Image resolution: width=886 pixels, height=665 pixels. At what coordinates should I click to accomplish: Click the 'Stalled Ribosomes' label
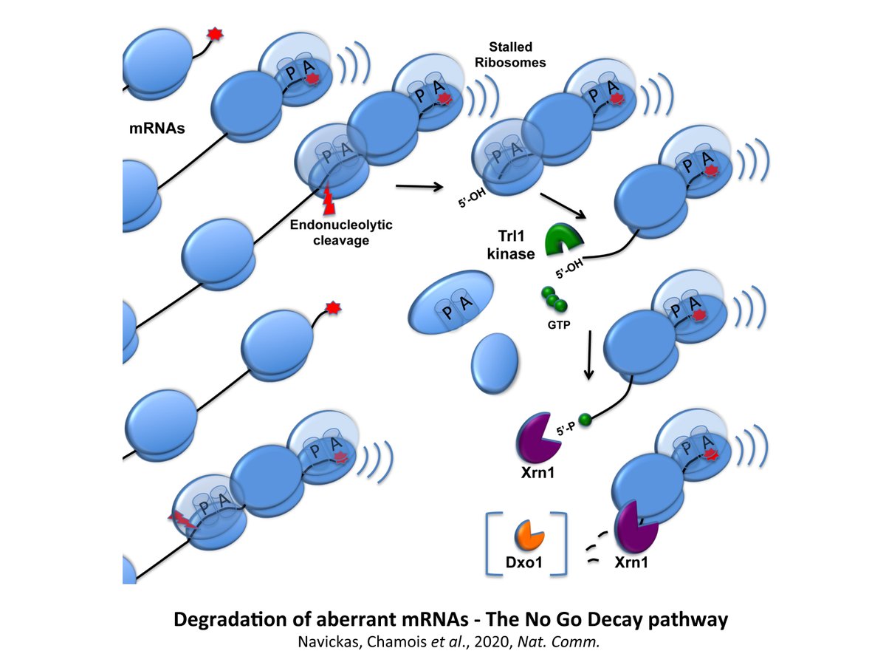point(510,55)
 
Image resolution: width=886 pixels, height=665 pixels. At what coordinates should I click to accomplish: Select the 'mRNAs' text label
point(157,129)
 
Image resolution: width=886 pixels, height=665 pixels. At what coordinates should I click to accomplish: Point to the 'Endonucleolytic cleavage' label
point(341,232)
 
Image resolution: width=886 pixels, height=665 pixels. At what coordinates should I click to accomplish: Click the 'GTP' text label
point(559,324)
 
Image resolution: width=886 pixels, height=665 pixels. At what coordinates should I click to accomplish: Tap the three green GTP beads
point(554,299)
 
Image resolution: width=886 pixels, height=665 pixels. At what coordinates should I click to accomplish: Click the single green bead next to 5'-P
point(585,420)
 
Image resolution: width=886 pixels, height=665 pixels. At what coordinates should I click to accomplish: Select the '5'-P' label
point(566,429)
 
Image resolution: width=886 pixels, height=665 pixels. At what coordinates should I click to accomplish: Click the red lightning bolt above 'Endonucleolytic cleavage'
point(329,199)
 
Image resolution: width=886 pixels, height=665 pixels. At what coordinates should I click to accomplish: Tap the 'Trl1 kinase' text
point(511,245)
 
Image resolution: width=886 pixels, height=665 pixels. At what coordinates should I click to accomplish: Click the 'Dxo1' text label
point(523,562)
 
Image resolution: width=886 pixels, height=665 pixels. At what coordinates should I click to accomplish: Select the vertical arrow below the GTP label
point(589,355)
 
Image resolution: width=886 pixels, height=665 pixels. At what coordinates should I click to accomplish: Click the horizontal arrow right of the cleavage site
point(419,186)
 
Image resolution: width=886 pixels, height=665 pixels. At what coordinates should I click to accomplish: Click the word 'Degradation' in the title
point(230,620)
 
